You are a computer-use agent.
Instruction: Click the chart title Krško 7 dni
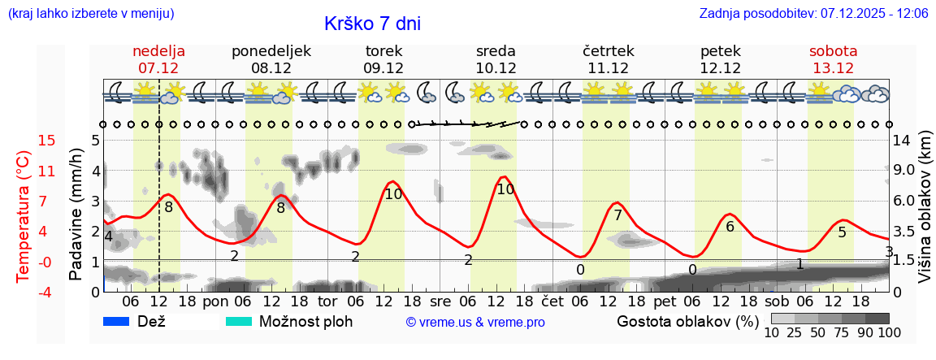(x=372, y=24)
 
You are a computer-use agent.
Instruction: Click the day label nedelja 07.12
(x=158, y=59)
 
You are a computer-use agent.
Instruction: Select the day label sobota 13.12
(x=833, y=59)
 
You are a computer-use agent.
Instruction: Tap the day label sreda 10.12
(x=496, y=59)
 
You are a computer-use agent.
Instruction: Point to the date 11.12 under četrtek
(x=608, y=68)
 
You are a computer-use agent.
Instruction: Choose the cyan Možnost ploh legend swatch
(x=238, y=321)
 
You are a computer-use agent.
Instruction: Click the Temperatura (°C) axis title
(x=24, y=217)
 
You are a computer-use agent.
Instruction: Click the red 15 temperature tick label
(x=24, y=141)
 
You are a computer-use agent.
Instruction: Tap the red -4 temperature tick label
(x=24, y=292)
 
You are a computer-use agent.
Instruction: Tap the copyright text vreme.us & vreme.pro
(x=475, y=322)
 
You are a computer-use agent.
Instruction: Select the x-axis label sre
(x=440, y=301)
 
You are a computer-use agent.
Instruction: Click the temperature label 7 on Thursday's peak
(x=617, y=215)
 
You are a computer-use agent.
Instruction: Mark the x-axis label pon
(x=216, y=301)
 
